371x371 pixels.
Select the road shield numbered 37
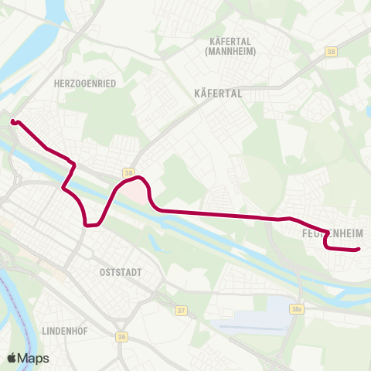coord(182,311)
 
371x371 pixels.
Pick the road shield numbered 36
coord(122,336)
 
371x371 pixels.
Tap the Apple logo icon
coord(12,358)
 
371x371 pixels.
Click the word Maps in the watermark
coord(34,358)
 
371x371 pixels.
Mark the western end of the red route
coord(13,121)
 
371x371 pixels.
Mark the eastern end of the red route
coord(359,249)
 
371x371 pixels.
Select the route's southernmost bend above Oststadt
coord(90,226)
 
